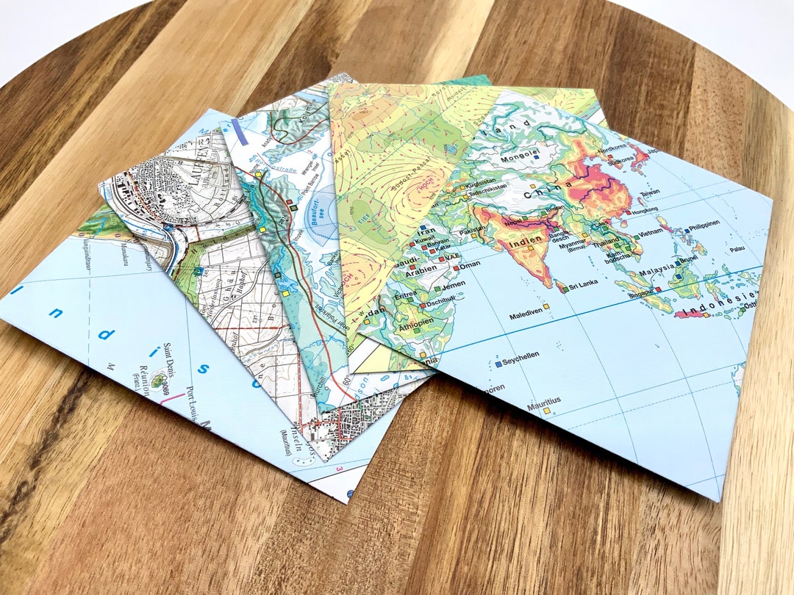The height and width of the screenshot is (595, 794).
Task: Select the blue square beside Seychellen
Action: tap(498, 363)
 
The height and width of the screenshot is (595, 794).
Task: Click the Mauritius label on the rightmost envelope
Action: tap(543, 400)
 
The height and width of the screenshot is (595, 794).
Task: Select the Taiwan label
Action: tap(648, 192)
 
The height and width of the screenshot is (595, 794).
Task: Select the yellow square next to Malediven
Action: tap(546, 306)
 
